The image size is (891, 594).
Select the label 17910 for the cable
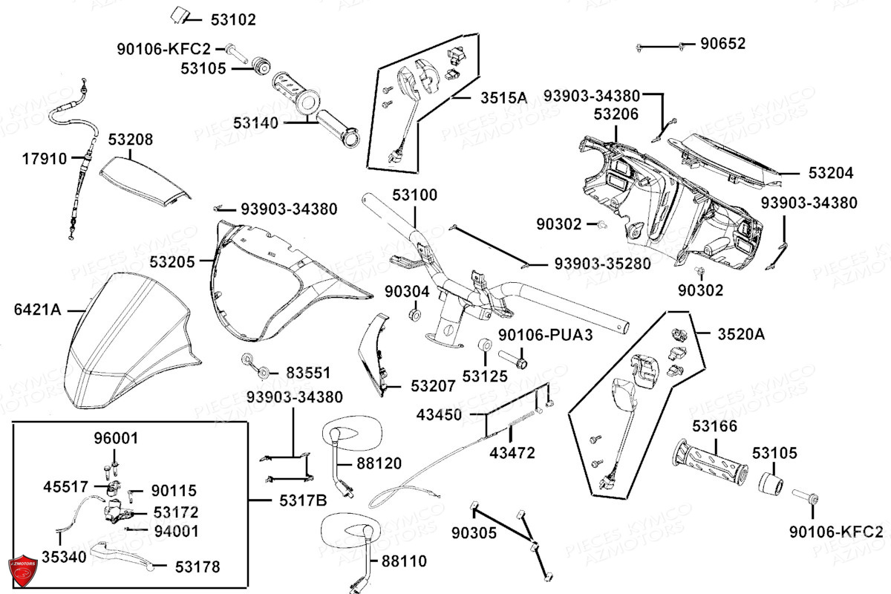coord(44,158)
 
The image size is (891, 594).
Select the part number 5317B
coord(302,501)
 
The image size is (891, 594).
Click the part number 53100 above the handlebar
coord(415,195)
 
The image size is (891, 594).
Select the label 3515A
coord(503,98)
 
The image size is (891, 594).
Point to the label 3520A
coord(740,334)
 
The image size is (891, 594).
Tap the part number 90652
coord(723,44)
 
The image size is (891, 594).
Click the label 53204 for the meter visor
coord(831,173)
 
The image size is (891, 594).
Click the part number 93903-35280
coord(602,264)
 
